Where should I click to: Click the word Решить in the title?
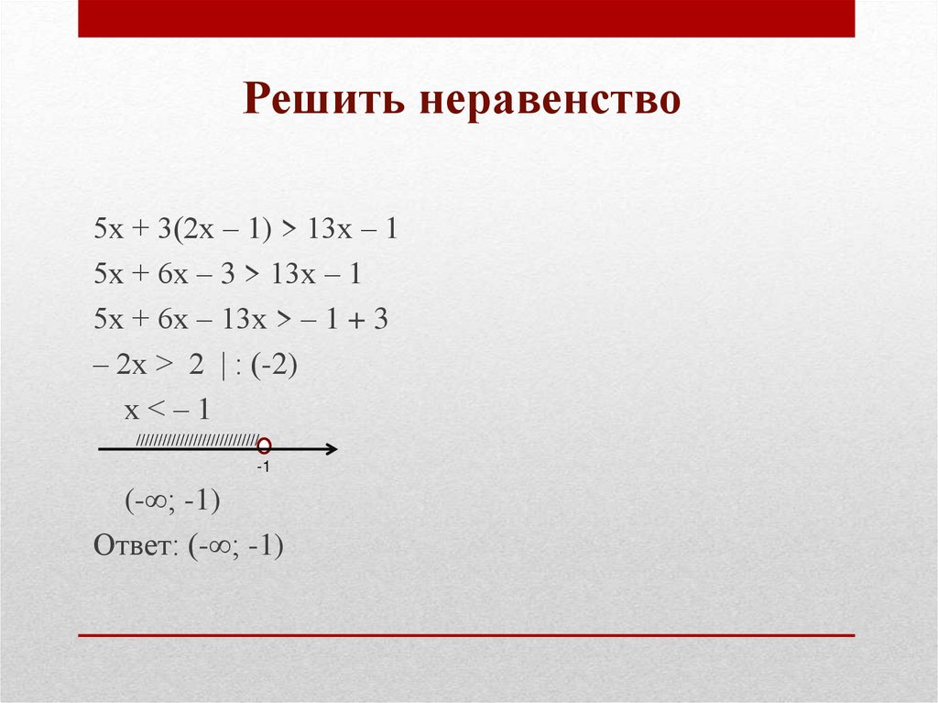pyautogui.click(x=323, y=99)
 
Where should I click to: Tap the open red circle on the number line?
pyautogui.click(x=264, y=445)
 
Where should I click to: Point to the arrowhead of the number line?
pyautogui.click(x=332, y=449)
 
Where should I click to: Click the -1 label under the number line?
pyautogui.click(x=263, y=467)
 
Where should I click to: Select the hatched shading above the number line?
pyautogui.click(x=198, y=441)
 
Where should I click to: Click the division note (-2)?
pyautogui.click(x=274, y=364)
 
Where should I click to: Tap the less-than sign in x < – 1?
pyautogui.click(x=155, y=409)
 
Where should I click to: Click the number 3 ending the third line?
pyautogui.click(x=381, y=319)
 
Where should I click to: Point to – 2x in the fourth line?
pyautogui.click(x=120, y=364)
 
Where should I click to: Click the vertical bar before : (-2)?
pyautogui.click(x=224, y=367)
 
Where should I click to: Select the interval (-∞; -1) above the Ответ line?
pyautogui.click(x=172, y=500)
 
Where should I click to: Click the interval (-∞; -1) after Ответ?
pyautogui.click(x=235, y=546)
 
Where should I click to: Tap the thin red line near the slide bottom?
pyautogui.click(x=466, y=635)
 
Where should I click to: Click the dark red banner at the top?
pyautogui.click(x=466, y=18)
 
